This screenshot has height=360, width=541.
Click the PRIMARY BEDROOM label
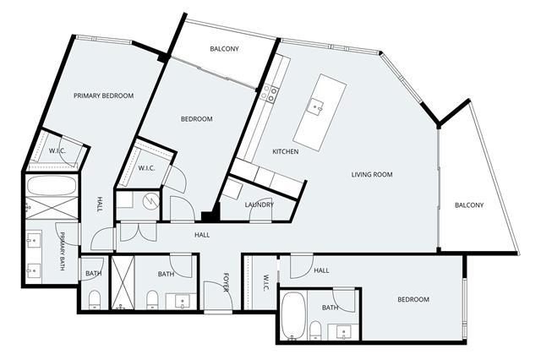pyautogui.click(x=103, y=95)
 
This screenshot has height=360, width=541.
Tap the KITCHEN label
pyautogui.click(x=286, y=151)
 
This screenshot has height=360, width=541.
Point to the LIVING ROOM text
pyautogui.click(x=372, y=174)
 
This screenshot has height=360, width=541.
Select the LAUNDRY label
pyautogui.click(x=260, y=205)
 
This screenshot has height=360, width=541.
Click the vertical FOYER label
pyautogui.click(x=226, y=282)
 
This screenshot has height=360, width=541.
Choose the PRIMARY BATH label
pyautogui.click(x=63, y=251)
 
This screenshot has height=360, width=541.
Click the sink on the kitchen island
pyautogui.click(x=316, y=106)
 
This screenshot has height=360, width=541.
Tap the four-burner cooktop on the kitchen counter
pyautogui.click(x=270, y=94)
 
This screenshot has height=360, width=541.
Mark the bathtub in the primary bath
pyautogui.click(x=52, y=186)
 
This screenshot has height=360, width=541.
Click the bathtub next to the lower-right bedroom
pyautogui.click(x=293, y=315)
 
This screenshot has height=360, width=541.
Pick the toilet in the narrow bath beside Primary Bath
pyautogui.click(x=94, y=300)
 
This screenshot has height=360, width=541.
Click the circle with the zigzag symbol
pyautogui.click(x=151, y=200)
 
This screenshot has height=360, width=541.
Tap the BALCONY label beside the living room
pyautogui.click(x=469, y=205)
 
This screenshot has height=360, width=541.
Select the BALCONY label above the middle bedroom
pyautogui.click(x=224, y=49)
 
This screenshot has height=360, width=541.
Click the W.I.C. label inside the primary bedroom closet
pyautogui.click(x=57, y=150)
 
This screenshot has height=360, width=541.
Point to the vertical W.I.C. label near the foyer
pyautogui.click(x=266, y=283)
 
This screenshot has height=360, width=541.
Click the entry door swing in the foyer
pyautogui.click(x=218, y=296)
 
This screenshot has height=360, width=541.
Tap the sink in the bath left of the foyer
pyautogui.click(x=182, y=302)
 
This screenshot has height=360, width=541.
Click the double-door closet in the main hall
pyautogui.click(x=138, y=232)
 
